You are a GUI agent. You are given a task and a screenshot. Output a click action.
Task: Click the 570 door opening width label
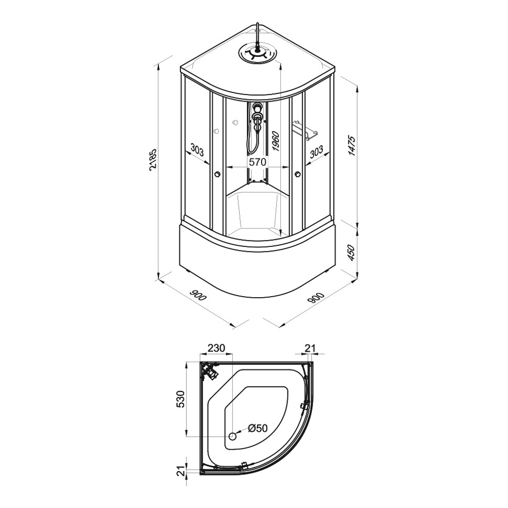[257, 162]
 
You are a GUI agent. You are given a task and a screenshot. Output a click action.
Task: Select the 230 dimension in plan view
[216, 348]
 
